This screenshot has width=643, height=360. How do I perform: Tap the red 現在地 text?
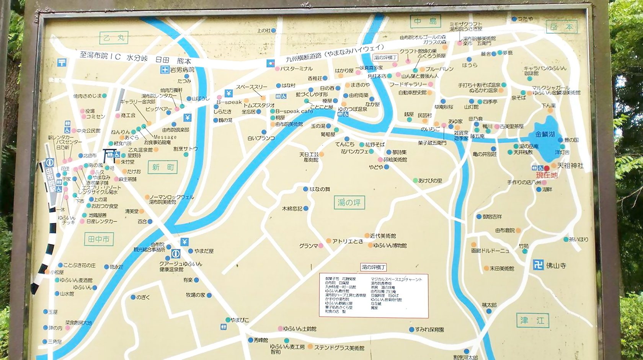pos(547,176)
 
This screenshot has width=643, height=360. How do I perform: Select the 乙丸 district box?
pos(114,38)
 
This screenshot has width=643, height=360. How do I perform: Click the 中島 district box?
pos(425,21)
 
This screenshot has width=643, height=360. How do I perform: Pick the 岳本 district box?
pos(561,27)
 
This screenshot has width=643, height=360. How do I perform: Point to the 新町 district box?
pos(163,167)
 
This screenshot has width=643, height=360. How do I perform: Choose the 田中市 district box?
pos(99,239)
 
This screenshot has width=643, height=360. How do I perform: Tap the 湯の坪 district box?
pos(349,202)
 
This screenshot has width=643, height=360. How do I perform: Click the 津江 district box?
pos(532,320)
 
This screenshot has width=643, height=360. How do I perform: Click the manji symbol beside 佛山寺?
pos(538,264)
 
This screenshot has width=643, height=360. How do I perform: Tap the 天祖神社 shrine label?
pos(570,166)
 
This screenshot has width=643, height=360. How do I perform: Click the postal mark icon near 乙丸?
pos(62,62)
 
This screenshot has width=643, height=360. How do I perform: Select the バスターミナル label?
pos(296,69)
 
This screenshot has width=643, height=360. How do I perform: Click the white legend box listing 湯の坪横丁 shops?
pos(374,295)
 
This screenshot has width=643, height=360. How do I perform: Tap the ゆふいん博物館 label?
pos(390,245)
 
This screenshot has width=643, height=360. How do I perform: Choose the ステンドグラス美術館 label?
pos(339,348)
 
